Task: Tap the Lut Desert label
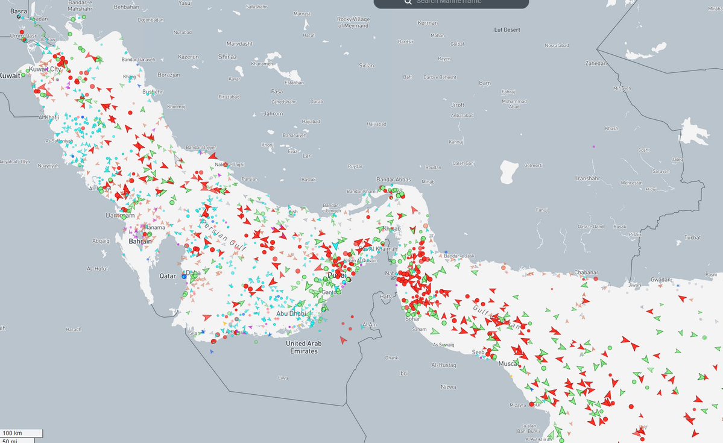(x=507, y=30)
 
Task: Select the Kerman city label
(x=428, y=23)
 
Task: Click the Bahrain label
(x=140, y=241)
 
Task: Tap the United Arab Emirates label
(x=303, y=347)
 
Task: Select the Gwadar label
(x=660, y=280)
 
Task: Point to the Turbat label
(x=692, y=238)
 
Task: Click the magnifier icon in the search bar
(x=408, y=2)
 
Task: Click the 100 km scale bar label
(x=13, y=433)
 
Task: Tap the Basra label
(x=19, y=11)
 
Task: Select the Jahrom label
(x=273, y=113)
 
